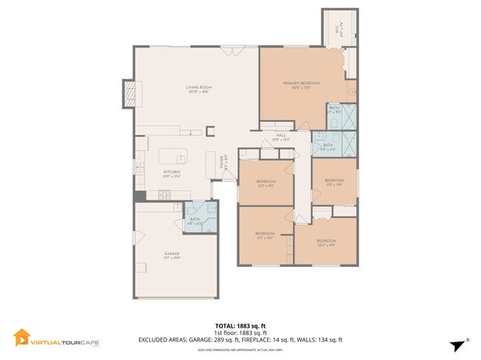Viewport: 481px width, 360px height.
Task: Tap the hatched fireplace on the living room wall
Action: point(128,93)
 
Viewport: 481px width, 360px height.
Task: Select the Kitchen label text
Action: point(172,172)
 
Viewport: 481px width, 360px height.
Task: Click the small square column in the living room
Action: point(211,129)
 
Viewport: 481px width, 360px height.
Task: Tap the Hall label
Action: point(281,136)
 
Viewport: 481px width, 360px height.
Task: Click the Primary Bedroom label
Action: point(300,83)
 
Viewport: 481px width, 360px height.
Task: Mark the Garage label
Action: point(172,254)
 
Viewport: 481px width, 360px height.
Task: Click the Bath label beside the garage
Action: point(194,218)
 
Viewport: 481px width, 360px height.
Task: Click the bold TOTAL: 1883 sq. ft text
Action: point(240,325)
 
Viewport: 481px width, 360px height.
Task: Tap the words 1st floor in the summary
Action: point(226,332)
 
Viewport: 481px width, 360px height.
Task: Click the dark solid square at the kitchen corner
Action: point(139,195)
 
